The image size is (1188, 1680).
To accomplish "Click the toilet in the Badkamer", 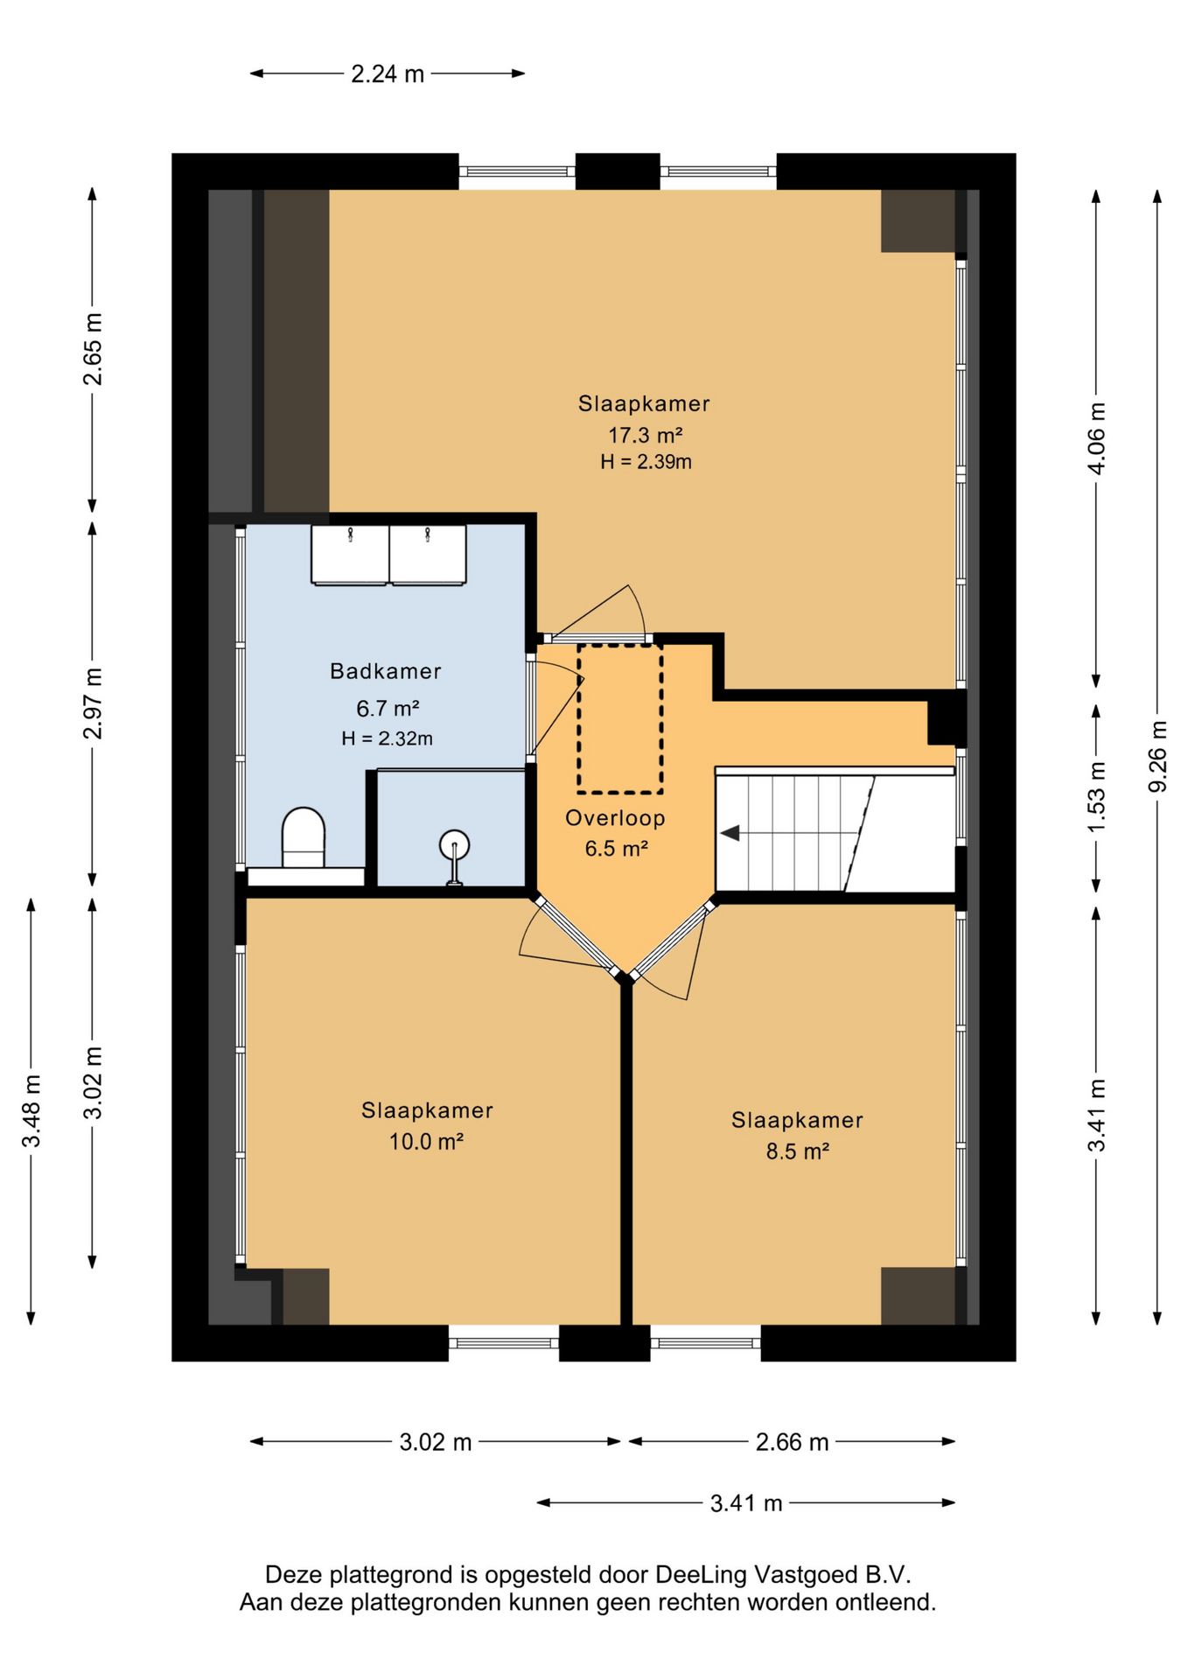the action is (304, 837).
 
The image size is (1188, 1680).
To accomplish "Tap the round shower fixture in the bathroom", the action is (454, 846).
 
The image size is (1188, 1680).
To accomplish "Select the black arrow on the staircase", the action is (730, 833).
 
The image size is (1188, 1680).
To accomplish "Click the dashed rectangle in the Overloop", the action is (619, 718).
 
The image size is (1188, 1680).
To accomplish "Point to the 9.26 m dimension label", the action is (1157, 756).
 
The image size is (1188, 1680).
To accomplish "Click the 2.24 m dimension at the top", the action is (388, 74).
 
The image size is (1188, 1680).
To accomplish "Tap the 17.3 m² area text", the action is (645, 434).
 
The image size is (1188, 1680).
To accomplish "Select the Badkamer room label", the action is (385, 671).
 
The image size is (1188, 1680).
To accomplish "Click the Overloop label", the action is (615, 818).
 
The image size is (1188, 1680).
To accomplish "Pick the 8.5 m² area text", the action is (797, 1151).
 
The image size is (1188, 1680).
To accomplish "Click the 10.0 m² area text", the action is (426, 1141).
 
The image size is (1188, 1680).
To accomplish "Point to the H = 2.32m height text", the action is (387, 738).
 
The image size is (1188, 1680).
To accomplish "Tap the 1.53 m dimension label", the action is (1096, 796).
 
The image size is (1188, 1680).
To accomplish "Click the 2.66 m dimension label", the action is (792, 1442).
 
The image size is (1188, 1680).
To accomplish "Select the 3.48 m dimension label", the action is (31, 1110).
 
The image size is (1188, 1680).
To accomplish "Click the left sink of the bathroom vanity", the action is (350, 554).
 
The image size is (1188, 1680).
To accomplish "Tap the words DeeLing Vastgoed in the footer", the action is (757, 1575).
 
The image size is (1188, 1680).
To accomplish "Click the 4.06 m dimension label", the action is (1096, 437).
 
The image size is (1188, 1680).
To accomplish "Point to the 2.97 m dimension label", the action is (93, 703).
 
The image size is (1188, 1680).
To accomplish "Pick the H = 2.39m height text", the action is (646, 462).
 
